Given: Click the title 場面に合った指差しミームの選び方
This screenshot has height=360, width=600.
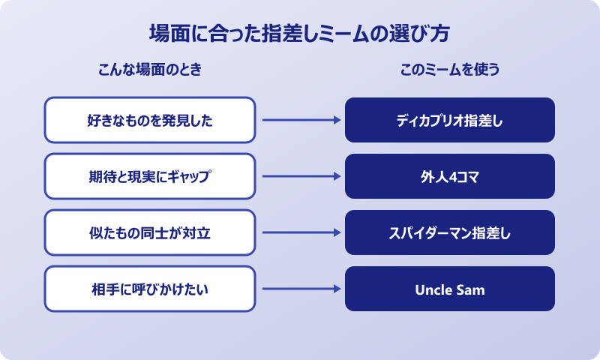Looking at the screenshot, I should [300, 34].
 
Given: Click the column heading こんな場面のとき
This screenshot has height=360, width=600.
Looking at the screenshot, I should [150, 70].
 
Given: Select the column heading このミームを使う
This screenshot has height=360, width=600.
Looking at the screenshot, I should [450, 70].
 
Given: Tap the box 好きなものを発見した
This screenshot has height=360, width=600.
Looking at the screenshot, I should [150, 120].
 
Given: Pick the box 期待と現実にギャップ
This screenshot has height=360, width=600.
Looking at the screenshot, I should [150, 176].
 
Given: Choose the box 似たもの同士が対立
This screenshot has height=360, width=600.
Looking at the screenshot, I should [150, 232].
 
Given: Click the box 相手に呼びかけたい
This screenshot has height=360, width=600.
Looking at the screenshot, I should [150, 289].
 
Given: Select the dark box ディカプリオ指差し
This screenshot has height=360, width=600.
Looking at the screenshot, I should [450, 120].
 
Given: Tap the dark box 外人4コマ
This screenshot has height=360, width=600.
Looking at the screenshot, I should [450, 176].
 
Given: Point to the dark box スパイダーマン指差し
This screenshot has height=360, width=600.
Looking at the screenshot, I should [450, 232].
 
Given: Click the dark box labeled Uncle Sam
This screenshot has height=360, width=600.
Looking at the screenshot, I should [450, 289].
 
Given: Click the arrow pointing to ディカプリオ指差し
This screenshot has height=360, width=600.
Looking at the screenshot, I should [300, 120].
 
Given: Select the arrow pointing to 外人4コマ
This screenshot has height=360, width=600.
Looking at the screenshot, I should [300, 176].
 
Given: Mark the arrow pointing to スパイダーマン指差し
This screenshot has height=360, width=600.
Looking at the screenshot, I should [300, 232].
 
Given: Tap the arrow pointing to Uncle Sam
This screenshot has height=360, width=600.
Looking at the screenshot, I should [300, 289].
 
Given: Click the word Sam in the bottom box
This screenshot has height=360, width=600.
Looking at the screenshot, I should [469, 289].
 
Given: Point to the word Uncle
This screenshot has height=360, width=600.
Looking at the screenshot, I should [433, 289].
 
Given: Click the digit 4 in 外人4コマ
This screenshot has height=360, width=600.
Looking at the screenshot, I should [453, 177].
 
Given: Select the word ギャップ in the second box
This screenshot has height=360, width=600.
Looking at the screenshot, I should [191, 177].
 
